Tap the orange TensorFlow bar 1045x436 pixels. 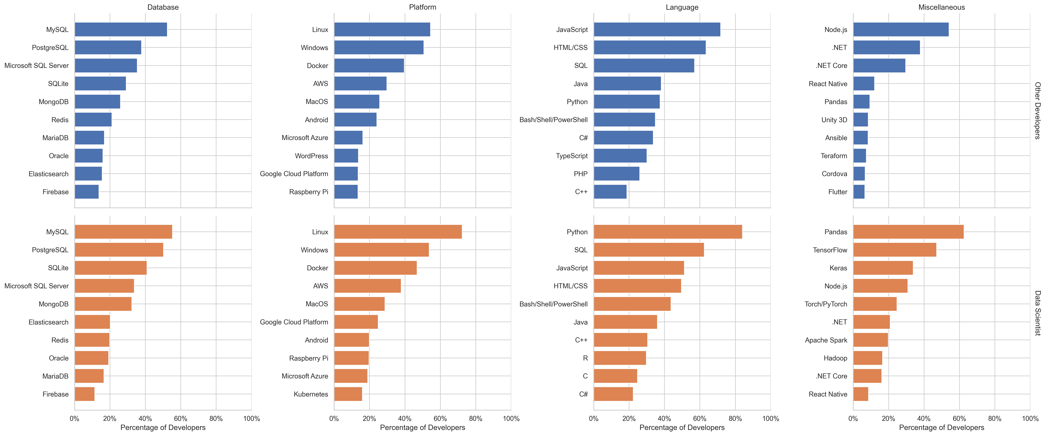pyautogui.click(x=894, y=250)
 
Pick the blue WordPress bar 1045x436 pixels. pyautogui.click(x=346, y=156)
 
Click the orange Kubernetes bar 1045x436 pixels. pyautogui.click(x=348, y=394)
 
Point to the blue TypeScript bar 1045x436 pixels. pyautogui.click(x=620, y=156)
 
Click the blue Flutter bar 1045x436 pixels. pyautogui.click(x=859, y=192)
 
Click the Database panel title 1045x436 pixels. pyautogui.click(x=163, y=7)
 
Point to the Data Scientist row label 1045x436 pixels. pyautogui.click(x=1037, y=313)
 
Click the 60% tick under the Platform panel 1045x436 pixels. pyautogui.click(x=440, y=419)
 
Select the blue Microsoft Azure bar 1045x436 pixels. pyautogui.click(x=348, y=138)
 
